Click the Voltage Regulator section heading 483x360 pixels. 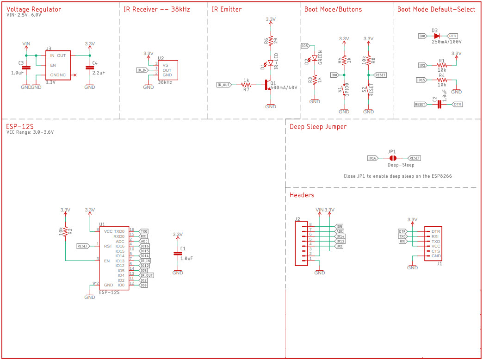(34, 9)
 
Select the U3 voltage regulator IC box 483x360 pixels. (57, 65)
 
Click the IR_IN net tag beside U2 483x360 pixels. (142, 70)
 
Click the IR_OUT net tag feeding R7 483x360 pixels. (224, 85)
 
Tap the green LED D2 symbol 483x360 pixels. (315, 58)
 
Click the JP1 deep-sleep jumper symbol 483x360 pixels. (393, 158)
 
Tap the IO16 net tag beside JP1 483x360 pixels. (372, 158)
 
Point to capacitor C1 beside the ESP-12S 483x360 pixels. (178, 253)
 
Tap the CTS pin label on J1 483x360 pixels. (435, 251)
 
